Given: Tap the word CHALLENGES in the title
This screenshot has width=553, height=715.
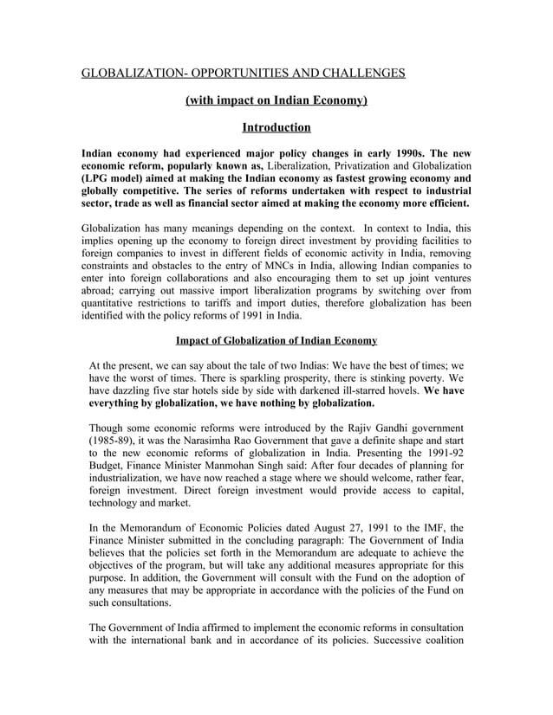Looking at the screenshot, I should [x=362, y=74].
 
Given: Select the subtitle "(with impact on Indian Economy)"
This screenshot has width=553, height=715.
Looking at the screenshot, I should [x=276, y=101].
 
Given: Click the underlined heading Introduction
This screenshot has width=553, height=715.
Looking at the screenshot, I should [x=276, y=128].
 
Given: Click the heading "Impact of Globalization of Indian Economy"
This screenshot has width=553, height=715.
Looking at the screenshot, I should [x=276, y=341].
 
